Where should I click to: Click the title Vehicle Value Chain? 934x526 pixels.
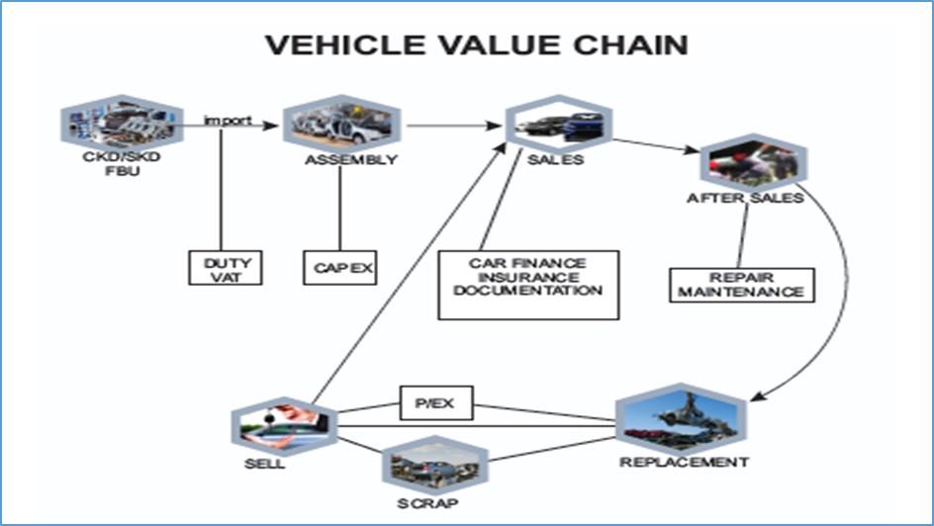click(x=476, y=45)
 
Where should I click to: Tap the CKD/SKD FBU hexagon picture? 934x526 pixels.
click(x=122, y=123)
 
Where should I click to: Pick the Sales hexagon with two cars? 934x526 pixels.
click(x=557, y=125)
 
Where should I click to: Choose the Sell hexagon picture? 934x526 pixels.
click(x=284, y=424)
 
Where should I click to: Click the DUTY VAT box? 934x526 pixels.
click(x=227, y=268)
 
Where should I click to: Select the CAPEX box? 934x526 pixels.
click(x=339, y=267)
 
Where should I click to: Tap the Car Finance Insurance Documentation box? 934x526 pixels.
click(x=528, y=285)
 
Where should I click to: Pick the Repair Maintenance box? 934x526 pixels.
click(x=741, y=285)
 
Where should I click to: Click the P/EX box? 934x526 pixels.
click(x=436, y=403)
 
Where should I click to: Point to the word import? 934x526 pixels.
click(x=227, y=121)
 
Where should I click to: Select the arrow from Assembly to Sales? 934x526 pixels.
click(x=450, y=126)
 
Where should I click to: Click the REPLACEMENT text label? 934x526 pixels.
click(x=684, y=462)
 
